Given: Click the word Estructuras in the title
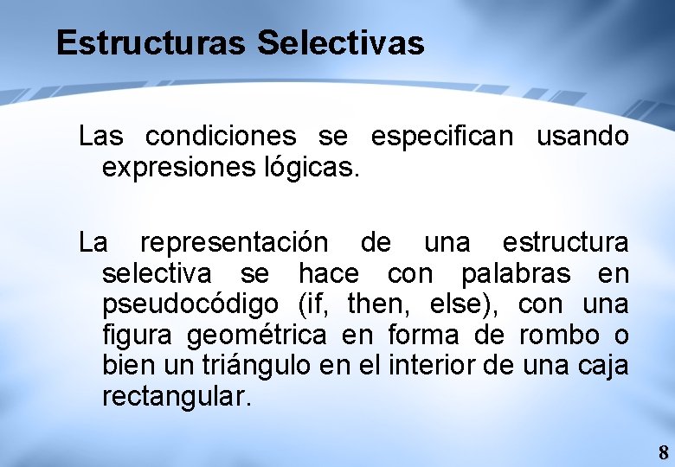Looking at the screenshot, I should [x=151, y=42].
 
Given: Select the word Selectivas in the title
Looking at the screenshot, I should [x=341, y=42].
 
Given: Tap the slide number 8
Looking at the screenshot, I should [x=663, y=452].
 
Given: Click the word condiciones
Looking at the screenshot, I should [x=221, y=137].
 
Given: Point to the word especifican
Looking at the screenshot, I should [x=442, y=137].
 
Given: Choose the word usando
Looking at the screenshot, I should [x=582, y=137].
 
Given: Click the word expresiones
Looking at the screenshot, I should [x=177, y=168].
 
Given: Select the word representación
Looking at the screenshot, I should [x=234, y=242].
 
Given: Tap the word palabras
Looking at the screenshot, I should [x=516, y=274].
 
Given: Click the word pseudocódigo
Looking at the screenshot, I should [x=190, y=304].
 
